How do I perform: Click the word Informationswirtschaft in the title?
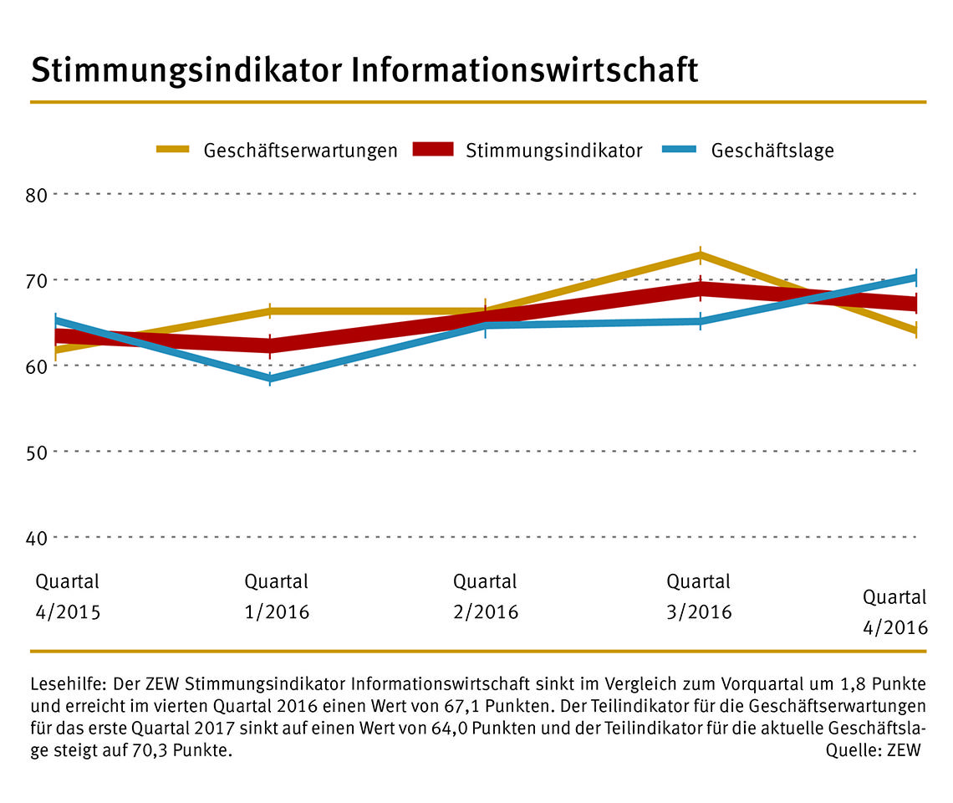point(524,71)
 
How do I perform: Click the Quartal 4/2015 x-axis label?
point(68,596)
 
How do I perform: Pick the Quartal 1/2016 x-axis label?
point(277,596)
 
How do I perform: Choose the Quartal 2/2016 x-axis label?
point(486,596)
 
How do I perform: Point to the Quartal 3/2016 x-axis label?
point(699,596)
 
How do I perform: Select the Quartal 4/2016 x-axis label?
point(895,612)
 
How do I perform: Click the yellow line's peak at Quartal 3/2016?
point(701,254)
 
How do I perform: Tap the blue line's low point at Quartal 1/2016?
point(270,379)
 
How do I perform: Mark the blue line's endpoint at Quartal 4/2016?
point(915,277)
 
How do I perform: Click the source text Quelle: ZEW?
point(873,750)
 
